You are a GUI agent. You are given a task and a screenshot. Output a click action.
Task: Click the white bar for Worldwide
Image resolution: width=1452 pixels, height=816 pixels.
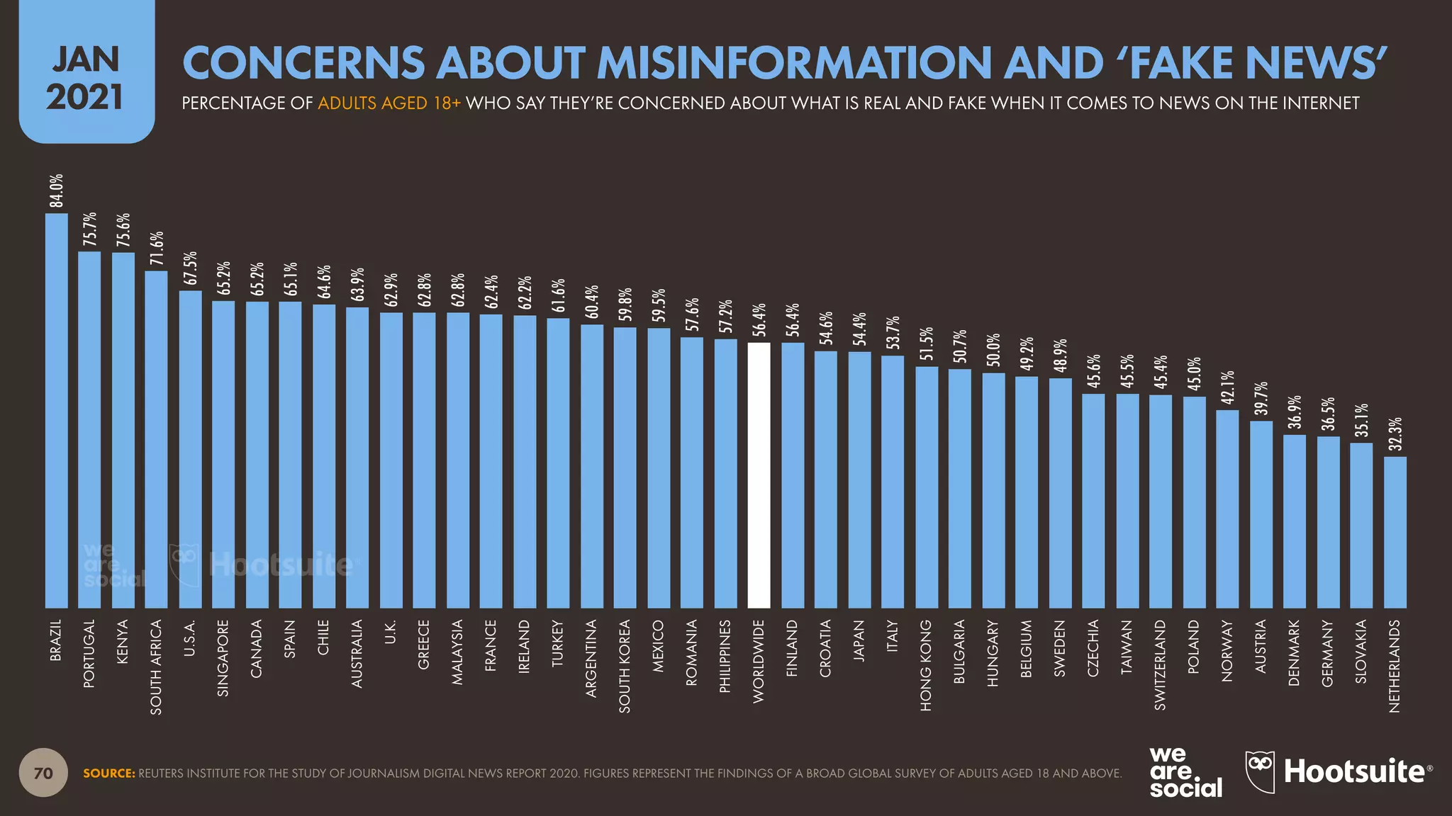(x=759, y=475)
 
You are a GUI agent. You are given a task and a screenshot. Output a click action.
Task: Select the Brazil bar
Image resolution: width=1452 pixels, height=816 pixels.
(x=56, y=411)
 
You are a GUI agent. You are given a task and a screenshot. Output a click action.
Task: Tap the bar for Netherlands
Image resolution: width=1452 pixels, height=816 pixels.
(x=1395, y=531)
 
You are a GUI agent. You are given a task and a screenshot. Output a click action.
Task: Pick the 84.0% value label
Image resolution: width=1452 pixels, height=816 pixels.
(x=56, y=191)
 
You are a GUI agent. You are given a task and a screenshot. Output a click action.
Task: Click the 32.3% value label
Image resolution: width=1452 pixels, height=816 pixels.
(x=1395, y=434)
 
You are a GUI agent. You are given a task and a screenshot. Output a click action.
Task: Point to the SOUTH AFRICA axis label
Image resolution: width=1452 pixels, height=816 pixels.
(x=157, y=667)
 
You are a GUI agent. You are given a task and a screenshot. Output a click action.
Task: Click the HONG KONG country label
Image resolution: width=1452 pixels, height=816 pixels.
(x=926, y=665)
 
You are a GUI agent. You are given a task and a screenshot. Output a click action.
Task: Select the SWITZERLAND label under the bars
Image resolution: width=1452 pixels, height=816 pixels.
(x=1160, y=664)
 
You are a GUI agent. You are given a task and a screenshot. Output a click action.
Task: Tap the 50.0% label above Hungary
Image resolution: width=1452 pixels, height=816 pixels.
(x=993, y=350)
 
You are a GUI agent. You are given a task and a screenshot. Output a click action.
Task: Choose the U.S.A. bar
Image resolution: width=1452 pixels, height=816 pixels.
(x=190, y=449)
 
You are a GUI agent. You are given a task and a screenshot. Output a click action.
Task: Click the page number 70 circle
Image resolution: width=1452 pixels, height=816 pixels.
(x=43, y=773)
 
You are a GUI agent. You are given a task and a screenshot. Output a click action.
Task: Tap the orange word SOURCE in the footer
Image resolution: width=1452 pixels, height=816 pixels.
(x=108, y=773)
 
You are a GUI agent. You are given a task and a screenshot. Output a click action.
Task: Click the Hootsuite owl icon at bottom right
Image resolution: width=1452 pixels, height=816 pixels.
(x=1260, y=771)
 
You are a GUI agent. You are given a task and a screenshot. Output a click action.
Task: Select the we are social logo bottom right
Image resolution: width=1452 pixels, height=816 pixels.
(x=1185, y=772)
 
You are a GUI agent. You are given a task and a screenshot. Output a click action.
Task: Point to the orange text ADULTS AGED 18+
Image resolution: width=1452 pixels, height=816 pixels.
(x=389, y=103)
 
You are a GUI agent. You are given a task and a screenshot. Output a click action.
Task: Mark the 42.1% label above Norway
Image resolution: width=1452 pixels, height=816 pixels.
(x=1227, y=387)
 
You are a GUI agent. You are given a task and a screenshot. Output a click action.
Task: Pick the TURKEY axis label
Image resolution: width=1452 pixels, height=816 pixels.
(x=557, y=643)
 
